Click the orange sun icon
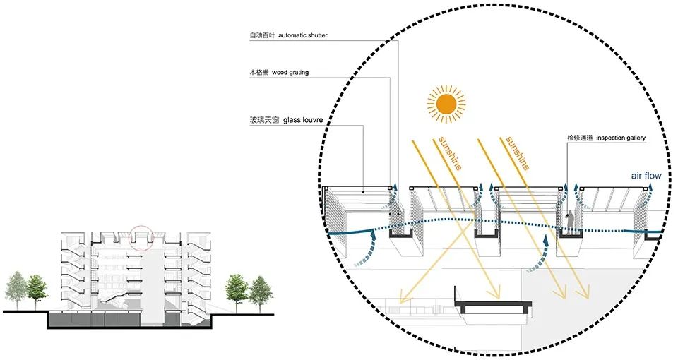pos(446,105)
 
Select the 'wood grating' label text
pos(290,73)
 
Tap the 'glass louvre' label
pos(304,121)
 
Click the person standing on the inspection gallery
pos(569,222)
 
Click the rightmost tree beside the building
pos(261,289)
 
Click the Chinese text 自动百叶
pos(258,35)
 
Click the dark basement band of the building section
pos(127,320)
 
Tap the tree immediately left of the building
pos(37,289)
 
